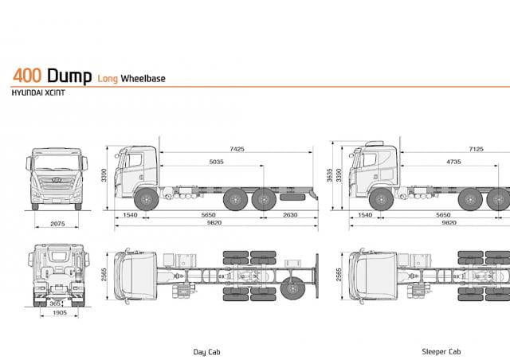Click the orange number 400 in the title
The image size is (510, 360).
click(x=27, y=76)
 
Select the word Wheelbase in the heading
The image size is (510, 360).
click(x=143, y=78)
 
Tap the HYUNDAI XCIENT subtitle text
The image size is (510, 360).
click(x=38, y=92)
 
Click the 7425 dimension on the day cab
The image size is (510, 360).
click(x=237, y=149)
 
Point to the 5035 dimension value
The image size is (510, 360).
click(x=216, y=162)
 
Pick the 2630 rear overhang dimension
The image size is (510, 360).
click(x=290, y=215)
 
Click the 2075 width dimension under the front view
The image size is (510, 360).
click(x=57, y=224)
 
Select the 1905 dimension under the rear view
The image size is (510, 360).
click(x=60, y=312)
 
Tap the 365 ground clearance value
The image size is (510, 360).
click(x=55, y=303)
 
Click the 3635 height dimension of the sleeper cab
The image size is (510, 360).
click(x=330, y=175)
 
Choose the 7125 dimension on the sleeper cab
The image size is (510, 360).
click(x=477, y=149)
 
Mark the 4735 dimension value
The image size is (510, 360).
click(x=453, y=162)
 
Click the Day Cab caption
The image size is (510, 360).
click(x=207, y=352)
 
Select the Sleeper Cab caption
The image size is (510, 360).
click(x=441, y=351)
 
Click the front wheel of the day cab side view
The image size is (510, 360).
click(x=147, y=199)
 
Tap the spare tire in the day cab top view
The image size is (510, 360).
click(x=292, y=288)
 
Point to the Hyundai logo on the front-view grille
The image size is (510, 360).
click(x=57, y=179)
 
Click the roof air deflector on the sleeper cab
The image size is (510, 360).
click(x=375, y=143)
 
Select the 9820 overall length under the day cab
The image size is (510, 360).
click(x=214, y=223)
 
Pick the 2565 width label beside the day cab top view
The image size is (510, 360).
click(x=104, y=275)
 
